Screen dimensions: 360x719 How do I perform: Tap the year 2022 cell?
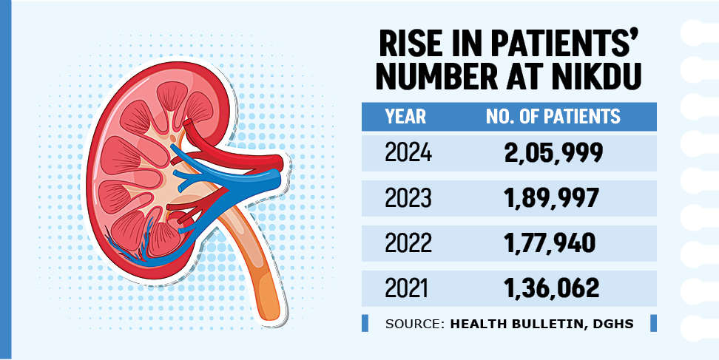[x=408, y=243]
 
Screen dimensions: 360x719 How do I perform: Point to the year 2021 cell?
[x=408, y=288]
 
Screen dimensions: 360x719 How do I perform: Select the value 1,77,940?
[x=551, y=243]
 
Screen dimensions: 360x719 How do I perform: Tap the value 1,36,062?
[x=551, y=288]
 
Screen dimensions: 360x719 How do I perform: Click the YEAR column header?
[x=405, y=117]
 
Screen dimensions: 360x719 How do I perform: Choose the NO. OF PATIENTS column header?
[x=552, y=117]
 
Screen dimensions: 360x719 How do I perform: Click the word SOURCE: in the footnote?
[x=413, y=324]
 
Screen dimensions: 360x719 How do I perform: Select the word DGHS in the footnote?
[x=612, y=324]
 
